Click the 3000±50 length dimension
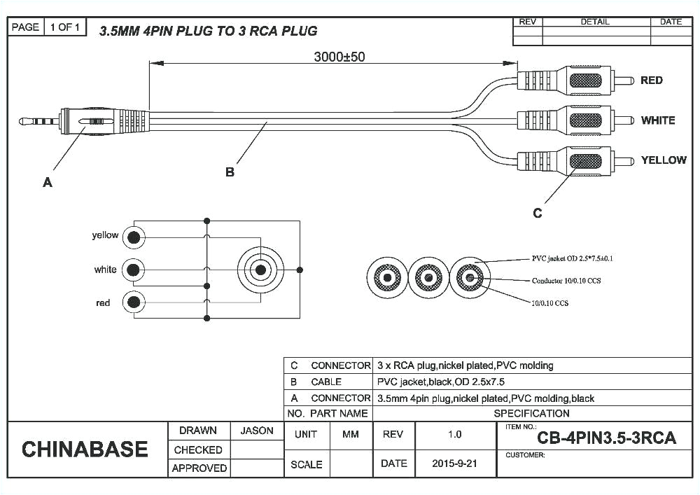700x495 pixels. [339, 57]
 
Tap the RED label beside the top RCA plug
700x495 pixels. [651, 81]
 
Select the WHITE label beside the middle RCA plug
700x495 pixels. [657, 120]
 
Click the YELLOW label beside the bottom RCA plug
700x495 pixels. [663, 160]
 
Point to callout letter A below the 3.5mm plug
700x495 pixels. [48, 182]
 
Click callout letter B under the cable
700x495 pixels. [230, 172]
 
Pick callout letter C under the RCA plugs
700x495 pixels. [537, 213]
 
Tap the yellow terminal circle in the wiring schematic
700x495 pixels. [134, 237]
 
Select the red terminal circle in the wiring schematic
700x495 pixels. [134, 302]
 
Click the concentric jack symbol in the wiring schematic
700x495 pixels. [260, 270]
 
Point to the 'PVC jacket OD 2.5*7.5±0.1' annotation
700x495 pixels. [573, 258]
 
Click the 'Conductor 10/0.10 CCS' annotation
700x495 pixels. [566, 281]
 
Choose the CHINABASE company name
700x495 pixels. [85, 449]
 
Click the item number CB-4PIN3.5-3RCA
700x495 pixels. [606, 438]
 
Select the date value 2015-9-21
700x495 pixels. [455, 463]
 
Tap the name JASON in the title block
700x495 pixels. [257, 431]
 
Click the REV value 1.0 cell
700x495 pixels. [455, 435]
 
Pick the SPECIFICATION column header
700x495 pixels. [531, 413]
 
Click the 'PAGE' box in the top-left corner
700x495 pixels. [26, 27]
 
